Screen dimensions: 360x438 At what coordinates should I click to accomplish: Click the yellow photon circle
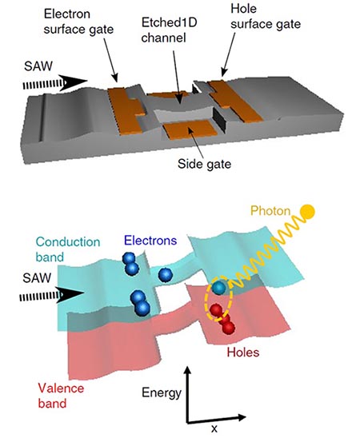307,212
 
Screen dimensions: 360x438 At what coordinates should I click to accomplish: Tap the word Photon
270,211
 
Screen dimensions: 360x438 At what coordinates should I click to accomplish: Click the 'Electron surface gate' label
78,22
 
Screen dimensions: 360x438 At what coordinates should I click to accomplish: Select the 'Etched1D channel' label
169,30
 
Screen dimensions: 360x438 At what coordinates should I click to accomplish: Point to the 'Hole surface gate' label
266,17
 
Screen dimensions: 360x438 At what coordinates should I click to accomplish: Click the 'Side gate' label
204,164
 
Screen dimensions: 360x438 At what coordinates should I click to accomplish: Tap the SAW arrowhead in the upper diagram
74,82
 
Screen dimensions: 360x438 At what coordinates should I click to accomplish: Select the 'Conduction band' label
68,249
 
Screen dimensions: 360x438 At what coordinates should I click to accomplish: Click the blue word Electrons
150,241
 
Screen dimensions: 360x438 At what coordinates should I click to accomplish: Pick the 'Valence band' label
61,396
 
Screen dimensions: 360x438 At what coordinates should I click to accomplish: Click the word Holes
243,352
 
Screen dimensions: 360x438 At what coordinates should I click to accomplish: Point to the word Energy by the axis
162,393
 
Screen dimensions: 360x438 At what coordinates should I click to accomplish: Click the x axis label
214,428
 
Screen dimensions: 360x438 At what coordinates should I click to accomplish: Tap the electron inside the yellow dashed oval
218,288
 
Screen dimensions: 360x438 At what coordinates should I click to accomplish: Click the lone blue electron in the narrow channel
165,275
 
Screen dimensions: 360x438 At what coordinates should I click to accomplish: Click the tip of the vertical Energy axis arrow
188,367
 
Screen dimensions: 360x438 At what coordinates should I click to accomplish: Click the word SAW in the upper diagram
38,66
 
